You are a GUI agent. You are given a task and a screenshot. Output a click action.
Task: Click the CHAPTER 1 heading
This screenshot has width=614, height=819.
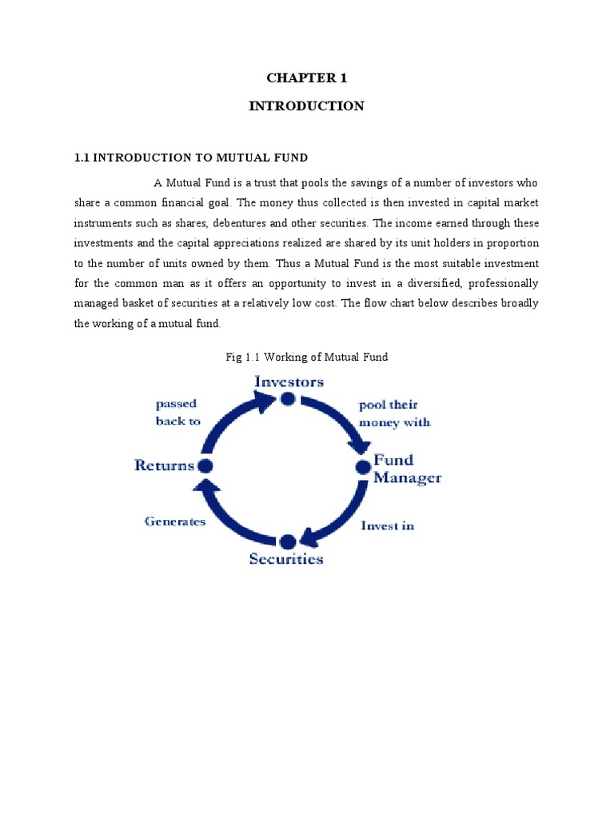[306, 78]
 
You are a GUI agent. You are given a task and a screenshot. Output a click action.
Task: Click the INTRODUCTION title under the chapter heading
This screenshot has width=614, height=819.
[306, 106]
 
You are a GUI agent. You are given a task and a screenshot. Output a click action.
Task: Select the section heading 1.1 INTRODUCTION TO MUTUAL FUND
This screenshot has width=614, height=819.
[191, 158]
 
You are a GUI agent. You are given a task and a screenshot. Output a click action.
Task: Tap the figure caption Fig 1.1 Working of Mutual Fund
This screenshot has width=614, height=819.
[307, 357]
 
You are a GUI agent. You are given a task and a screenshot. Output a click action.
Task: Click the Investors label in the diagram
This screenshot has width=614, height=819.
[289, 382]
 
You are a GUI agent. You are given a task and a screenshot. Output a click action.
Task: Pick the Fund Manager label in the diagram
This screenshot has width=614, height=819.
[407, 469]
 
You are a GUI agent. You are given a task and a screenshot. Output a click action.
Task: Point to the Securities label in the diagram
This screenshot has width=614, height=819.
[286, 558]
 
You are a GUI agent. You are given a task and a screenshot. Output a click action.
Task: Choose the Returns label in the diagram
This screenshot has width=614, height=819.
[164, 465]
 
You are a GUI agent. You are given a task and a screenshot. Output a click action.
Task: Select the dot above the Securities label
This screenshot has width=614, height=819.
[287, 541]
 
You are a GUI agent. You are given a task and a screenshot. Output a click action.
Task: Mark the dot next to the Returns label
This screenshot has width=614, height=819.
[205, 465]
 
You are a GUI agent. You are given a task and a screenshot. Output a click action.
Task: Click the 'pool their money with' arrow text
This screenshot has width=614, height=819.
[394, 413]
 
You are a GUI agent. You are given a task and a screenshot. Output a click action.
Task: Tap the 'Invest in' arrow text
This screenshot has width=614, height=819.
[387, 525]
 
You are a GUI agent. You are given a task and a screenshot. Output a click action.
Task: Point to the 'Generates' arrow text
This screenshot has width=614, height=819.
[175, 521]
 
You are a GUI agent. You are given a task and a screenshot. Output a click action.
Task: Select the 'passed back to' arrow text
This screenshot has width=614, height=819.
[177, 413]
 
